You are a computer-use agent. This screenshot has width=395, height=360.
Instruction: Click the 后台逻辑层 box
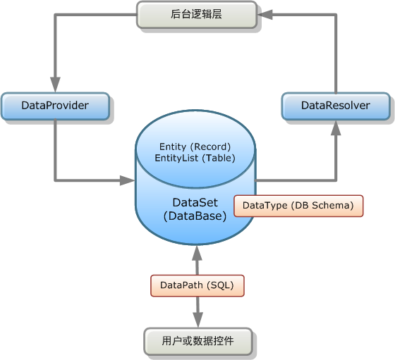click(197, 15)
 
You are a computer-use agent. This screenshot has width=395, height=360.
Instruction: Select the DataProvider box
click(55, 106)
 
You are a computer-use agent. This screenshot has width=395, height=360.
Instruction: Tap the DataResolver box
click(336, 106)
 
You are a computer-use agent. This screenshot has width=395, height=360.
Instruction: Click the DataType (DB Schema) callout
click(298, 206)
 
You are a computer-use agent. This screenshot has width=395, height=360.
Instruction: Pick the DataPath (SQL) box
click(197, 285)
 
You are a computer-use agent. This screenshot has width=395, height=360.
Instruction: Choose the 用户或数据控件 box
click(198, 342)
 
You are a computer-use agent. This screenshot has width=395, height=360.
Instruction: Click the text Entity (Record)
click(195, 147)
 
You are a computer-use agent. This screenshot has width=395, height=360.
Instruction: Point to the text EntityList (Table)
click(195, 158)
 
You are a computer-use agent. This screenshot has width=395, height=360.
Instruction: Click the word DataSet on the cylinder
click(195, 202)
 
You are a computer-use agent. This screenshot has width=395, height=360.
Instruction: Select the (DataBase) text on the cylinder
click(195, 216)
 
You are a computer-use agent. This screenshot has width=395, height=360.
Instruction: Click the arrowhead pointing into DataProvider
click(55, 85)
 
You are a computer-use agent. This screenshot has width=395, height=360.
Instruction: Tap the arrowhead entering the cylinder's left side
click(128, 180)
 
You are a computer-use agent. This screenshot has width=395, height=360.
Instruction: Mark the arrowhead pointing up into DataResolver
click(336, 128)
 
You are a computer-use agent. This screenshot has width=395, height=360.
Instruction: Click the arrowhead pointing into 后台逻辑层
click(265, 15)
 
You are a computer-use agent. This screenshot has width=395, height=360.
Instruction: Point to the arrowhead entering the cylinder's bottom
click(197, 253)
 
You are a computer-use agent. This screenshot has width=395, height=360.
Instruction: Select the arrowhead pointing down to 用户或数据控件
click(198, 320)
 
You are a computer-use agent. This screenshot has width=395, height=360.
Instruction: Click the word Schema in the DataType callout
click(331, 206)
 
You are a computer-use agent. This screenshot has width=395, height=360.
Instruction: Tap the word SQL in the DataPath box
click(220, 285)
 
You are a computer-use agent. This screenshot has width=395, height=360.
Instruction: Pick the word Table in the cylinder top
click(219, 158)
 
